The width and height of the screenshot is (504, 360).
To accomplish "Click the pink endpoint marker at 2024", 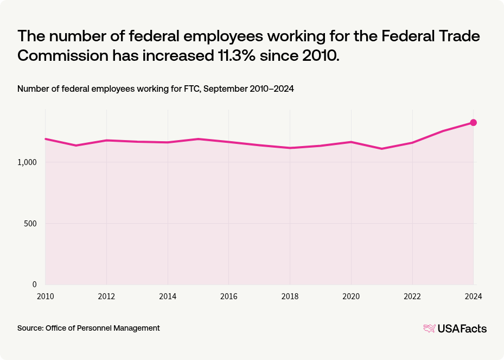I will pyautogui.click(x=473, y=123).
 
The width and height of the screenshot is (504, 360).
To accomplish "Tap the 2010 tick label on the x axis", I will pyautogui.click(x=45, y=296).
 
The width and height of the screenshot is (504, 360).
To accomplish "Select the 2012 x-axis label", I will pyautogui.click(x=106, y=296).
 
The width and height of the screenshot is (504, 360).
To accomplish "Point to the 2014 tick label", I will pyautogui.click(x=168, y=296).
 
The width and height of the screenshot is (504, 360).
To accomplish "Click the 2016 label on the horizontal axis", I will pyautogui.click(x=228, y=296).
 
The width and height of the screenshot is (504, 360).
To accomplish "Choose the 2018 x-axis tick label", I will pyautogui.click(x=290, y=296).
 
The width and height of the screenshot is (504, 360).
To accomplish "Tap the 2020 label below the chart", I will pyautogui.click(x=351, y=296).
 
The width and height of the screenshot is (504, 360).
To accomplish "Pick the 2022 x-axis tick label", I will pyautogui.click(x=412, y=296).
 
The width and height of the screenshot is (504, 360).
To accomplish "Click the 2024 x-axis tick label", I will pyautogui.click(x=473, y=296).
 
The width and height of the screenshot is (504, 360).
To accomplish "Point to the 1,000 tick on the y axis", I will pyautogui.click(x=27, y=162).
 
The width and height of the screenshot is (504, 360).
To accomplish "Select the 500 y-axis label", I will pyautogui.click(x=30, y=224).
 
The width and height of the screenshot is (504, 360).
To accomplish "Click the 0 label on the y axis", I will pyautogui.click(x=34, y=285).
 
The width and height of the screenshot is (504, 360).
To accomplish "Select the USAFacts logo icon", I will pyautogui.click(x=429, y=328).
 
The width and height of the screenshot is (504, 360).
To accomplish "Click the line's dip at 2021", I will pyautogui.click(x=382, y=149).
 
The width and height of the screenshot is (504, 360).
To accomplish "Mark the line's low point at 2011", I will pyautogui.click(x=76, y=146).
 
